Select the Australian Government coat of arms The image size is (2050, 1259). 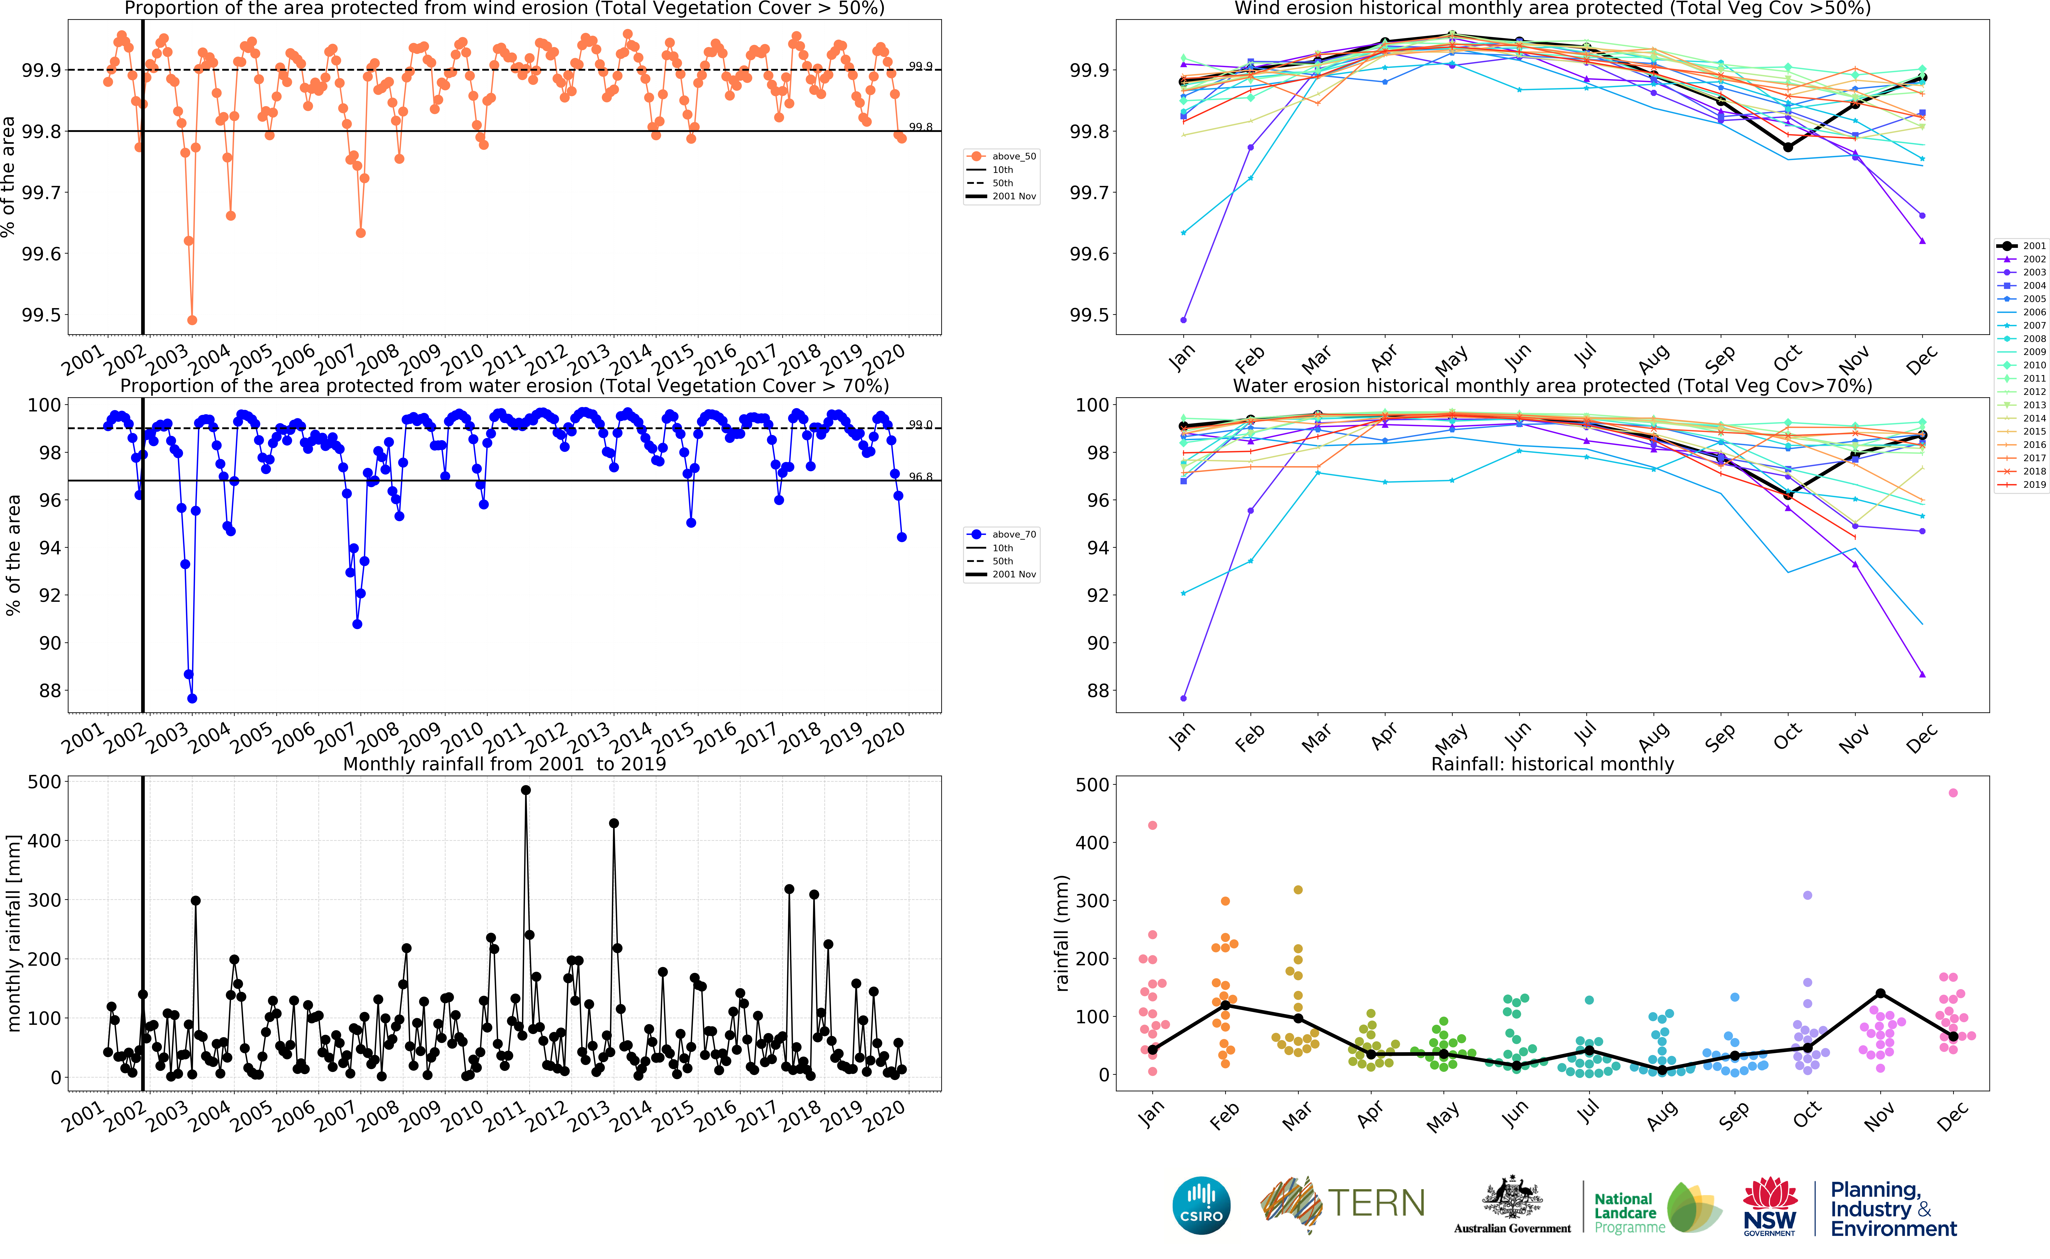click(1511, 1199)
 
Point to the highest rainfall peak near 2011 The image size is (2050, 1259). click(525, 790)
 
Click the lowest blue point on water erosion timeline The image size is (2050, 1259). click(192, 699)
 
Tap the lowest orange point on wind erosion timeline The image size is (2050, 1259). click(192, 320)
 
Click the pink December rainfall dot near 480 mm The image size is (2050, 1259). click(1953, 793)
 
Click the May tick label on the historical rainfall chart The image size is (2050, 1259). click(1443, 1117)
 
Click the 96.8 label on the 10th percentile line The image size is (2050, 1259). click(920, 477)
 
